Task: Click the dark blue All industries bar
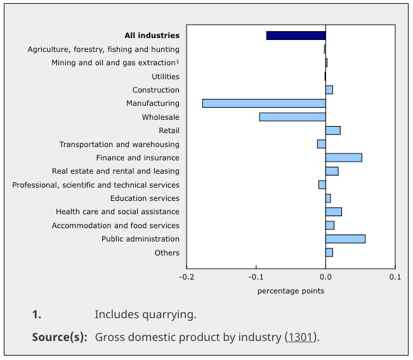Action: (x=296, y=35)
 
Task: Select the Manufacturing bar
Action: (x=264, y=103)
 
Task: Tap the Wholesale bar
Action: (x=292, y=117)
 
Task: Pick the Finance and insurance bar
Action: (x=343, y=157)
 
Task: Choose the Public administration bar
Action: (x=345, y=239)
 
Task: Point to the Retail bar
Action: (x=332, y=131)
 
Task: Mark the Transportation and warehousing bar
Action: (x=321, y=144)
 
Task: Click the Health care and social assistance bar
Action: (x=333, y=212)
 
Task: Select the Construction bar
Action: (x=329, y=89)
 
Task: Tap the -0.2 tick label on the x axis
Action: (x=187, y=277)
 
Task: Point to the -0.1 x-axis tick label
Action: (x=256, y=277)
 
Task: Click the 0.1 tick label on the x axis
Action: (x=395, y=277)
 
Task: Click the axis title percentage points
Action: (x=291, y=291)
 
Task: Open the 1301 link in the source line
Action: (x=301, y=337)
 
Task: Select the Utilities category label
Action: (x=166, y=76)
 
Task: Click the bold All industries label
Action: (x=152, y=35)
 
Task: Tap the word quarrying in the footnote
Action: (x=171, y=314)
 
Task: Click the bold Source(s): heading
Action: (x=60, y=337)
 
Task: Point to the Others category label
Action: (x=167, y=253)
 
